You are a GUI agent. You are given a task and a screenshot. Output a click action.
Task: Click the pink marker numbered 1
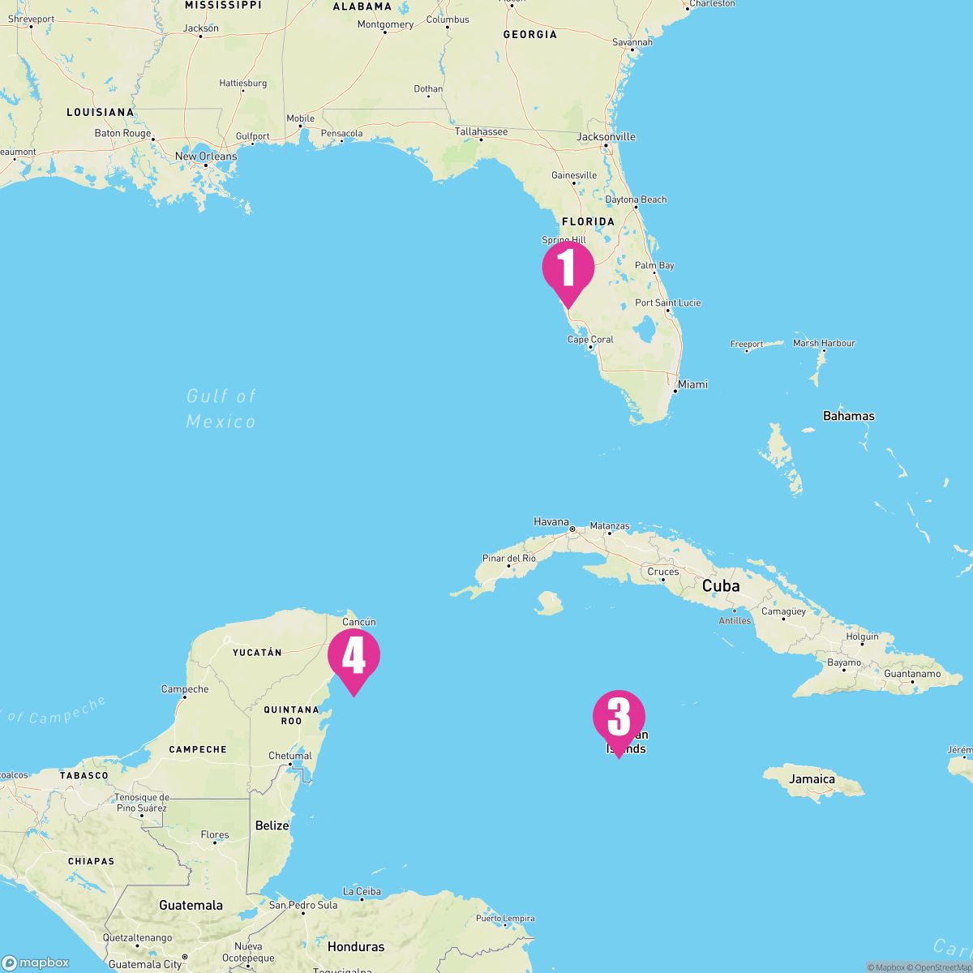point(568,270)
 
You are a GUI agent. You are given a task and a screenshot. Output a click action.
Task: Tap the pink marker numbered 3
point(619,718)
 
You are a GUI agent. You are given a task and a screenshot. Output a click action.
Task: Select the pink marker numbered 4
point(354,656)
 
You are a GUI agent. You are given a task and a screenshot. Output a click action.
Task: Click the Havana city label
point(551,522)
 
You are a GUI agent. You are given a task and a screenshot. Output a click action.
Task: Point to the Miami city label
point(693,384)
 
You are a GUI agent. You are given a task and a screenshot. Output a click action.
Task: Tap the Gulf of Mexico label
point(221,409)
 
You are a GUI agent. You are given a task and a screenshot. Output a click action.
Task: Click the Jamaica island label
point(812,779)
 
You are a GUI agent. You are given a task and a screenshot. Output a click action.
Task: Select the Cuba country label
point(721,585)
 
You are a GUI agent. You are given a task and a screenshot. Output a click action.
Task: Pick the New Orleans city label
point(206,156)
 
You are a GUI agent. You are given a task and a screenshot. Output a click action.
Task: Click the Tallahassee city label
point(481,131)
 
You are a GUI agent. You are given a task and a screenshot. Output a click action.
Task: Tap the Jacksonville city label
point(607,137)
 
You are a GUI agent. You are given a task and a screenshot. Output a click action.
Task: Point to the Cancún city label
point(359,622)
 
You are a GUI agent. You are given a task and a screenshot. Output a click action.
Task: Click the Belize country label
point(272,825)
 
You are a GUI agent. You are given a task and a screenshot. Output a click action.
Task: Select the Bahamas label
point(849,416)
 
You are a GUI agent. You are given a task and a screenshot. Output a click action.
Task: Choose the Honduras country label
point(356,946)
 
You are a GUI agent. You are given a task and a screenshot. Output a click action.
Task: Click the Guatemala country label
point(191,905)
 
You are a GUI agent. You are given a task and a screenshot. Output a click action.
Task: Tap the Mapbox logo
point(36,962)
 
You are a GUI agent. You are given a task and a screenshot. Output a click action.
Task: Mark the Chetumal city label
point(289,756)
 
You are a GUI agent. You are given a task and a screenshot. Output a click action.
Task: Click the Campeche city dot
point(185,697)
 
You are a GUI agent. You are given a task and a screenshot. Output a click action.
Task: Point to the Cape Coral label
point(590,340)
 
